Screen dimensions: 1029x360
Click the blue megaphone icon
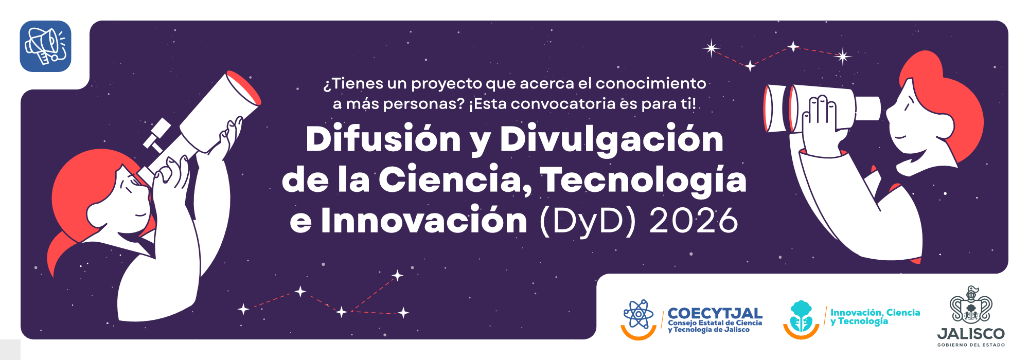click(x=46, y=46)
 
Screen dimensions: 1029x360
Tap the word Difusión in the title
click(x=383, y=139)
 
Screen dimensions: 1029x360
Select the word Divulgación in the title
click(x=612, y=139)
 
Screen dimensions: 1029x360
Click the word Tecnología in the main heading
click(x=643, y=181)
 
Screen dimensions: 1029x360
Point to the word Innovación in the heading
click(x=424, y=220)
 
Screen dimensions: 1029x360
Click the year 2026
click(x=694, y=221)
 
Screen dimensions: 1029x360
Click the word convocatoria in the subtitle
click(x=563, y=104)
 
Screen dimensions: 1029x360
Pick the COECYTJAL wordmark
click(x=715, y=313)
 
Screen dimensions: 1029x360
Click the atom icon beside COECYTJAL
click(x=638, y=314)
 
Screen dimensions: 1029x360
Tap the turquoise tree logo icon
click(x=801, y=316)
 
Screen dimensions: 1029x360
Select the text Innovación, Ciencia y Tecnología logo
click(x=875, y=317)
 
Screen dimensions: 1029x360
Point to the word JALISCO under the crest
click(x=971, y=334)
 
